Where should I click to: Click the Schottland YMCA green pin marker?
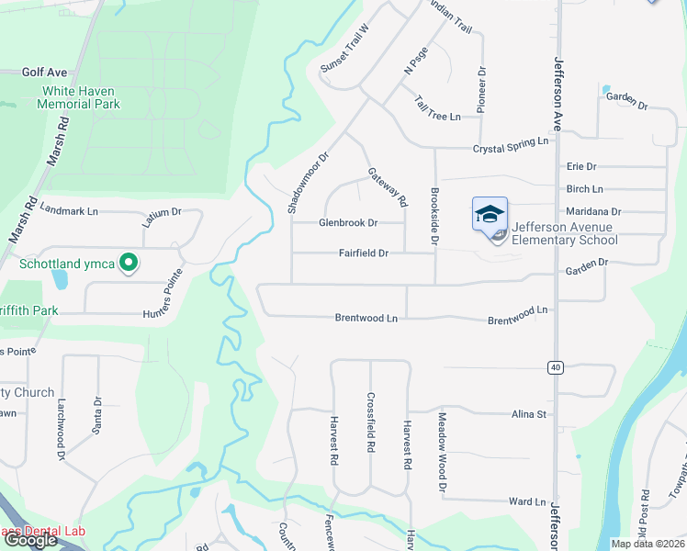pyautogui.click(x=130, y=264)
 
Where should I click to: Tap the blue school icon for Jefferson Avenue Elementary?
pyautogui.click(x=490, y=215)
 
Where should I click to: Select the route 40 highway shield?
pyautogui.click(x=555, y=367)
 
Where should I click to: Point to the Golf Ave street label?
pyautogui.click(x=45, y=72)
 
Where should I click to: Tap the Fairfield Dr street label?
pyautogui.click(x=365, y=253)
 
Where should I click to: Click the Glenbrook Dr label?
pyautogui.click(x=348, y=222)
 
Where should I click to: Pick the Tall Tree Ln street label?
pyautogui.click(x=437, y=108)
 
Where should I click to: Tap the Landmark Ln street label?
pyautogui.click(x=69, y=211)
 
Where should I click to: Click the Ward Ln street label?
pyautogui.click(x=527, y=502)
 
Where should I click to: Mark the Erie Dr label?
pyautogui.click(x=581, y=166)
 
